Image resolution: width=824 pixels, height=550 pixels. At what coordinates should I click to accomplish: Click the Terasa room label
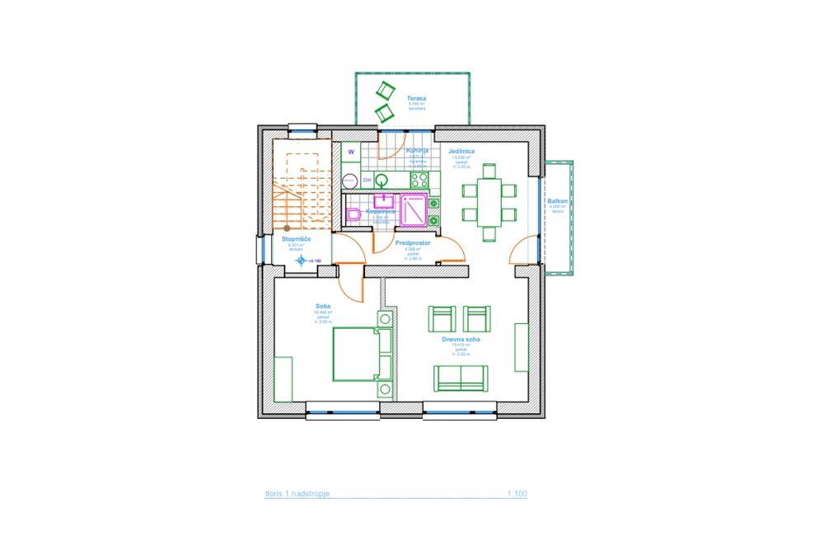(x=415, y=98)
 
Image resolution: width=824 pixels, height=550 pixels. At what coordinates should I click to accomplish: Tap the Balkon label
(x=557, y=201)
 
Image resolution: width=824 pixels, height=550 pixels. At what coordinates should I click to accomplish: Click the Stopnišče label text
(x=296, y=238)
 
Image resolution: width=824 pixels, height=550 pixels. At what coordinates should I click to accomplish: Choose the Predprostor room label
(x=414, y=245)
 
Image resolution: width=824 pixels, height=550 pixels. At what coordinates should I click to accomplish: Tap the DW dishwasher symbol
(x=368, y=180)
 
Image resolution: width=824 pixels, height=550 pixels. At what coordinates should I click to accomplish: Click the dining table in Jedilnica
(x=489, y=200)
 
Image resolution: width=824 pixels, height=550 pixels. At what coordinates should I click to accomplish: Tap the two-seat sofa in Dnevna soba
(x=460, y=378)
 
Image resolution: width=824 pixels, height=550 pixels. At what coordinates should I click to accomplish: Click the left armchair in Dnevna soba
(x=442, y=319)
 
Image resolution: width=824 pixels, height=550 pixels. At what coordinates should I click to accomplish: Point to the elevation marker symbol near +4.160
(x=300, y=261)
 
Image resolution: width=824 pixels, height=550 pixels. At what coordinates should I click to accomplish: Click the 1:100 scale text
(x=517, y=495)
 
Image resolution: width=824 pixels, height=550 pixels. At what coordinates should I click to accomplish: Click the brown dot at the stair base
(x=287, y=228)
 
